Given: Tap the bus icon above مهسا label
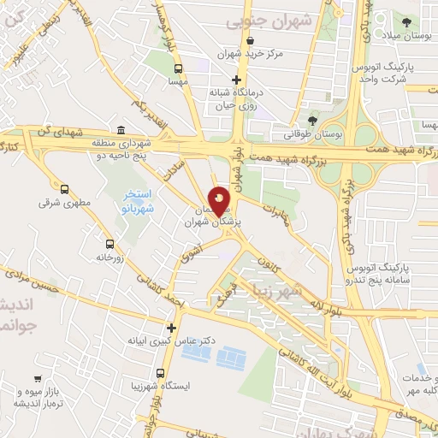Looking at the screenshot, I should [178, 68].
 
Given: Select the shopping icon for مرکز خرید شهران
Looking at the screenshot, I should [249, 40].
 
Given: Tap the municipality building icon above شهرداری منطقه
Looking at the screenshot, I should [121, 131].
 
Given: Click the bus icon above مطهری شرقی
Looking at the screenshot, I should [65, 190].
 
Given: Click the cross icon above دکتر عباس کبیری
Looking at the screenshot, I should [172, 327].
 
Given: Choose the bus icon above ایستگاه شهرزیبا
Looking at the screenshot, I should [162, 372].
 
